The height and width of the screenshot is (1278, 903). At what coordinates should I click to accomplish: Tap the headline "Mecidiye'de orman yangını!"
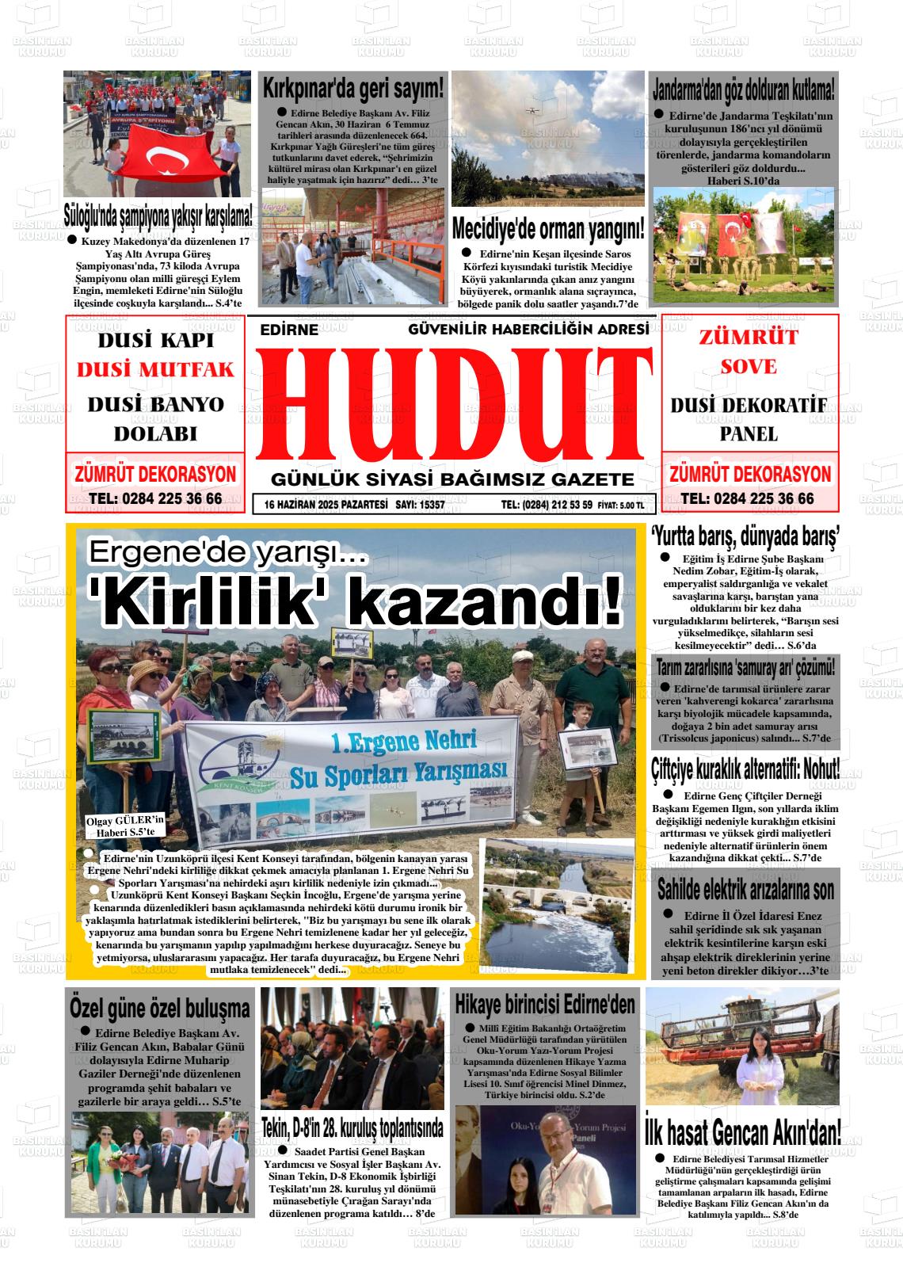(x=547, y=230)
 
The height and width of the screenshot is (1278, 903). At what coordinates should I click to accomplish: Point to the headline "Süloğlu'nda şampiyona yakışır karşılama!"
(x=158, y=214)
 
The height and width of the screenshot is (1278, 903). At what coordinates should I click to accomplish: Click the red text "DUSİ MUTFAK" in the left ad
(x=156, y=369)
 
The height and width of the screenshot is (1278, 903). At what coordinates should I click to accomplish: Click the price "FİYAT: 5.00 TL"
(x=626, y=505)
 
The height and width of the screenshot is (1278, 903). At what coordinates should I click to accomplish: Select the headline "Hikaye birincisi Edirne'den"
(x=545, y=1005)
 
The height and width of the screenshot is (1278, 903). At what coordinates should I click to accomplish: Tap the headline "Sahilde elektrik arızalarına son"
(x=745, y=890)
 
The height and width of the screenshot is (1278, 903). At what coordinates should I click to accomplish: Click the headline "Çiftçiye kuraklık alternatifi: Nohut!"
(x=745, y=768)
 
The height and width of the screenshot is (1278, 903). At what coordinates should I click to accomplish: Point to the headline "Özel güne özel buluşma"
(x=159, y=1009)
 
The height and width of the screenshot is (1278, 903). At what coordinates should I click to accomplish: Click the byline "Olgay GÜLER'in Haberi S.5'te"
(x=124, y=826)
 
